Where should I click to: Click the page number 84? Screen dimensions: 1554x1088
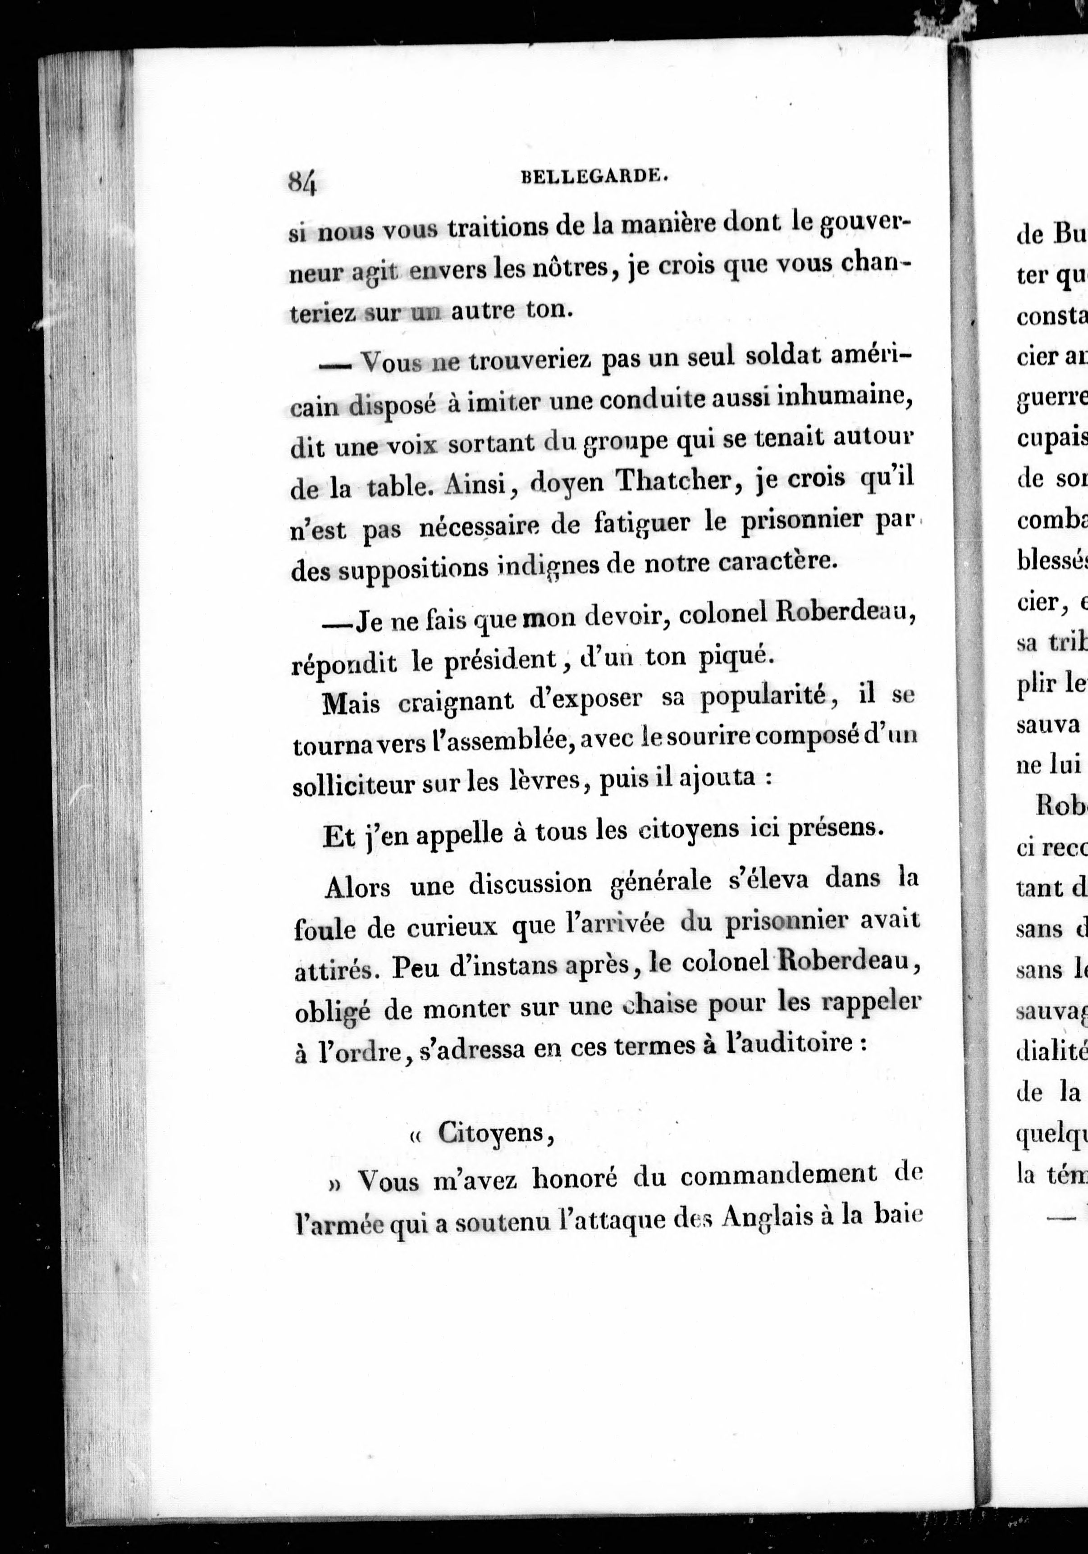[x=302, y=181]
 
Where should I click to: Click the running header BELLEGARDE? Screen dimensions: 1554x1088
[x=595, y=176]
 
